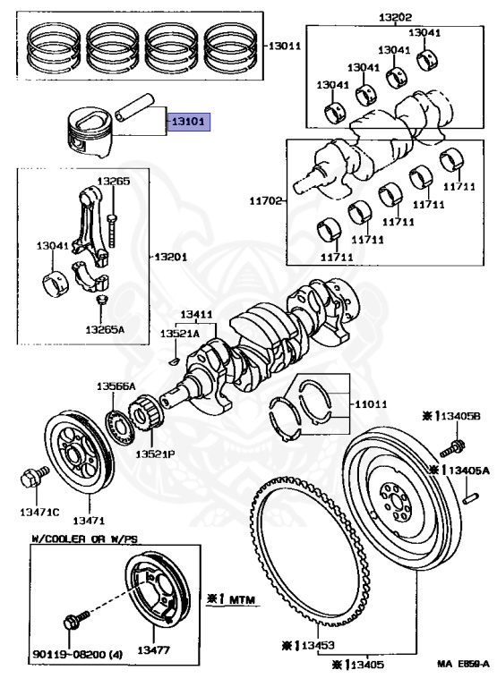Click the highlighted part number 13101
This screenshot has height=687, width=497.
(188, 122)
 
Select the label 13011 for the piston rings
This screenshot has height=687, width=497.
(285, 46)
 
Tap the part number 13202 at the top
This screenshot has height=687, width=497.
(396, 18)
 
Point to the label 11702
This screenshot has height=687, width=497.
(266, 201)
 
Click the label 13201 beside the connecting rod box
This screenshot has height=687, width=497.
(171, 257)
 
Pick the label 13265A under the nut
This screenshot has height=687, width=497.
(105, 329)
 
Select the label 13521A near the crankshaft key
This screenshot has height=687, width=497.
(179, 334)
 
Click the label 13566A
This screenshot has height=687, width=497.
(116, 386)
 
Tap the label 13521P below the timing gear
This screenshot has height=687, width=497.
(155, 454)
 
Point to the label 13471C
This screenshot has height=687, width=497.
(39, 512)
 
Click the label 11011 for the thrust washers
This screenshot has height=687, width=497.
(371, 403)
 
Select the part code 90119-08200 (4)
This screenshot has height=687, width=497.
(78, 655)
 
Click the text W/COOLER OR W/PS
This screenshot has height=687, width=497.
(85, 539)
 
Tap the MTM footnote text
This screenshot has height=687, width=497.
(231, 599)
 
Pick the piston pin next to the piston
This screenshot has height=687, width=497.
(135, 106)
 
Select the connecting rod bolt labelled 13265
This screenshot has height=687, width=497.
(113, 230)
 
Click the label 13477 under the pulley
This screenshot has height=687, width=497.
(153, 649)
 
